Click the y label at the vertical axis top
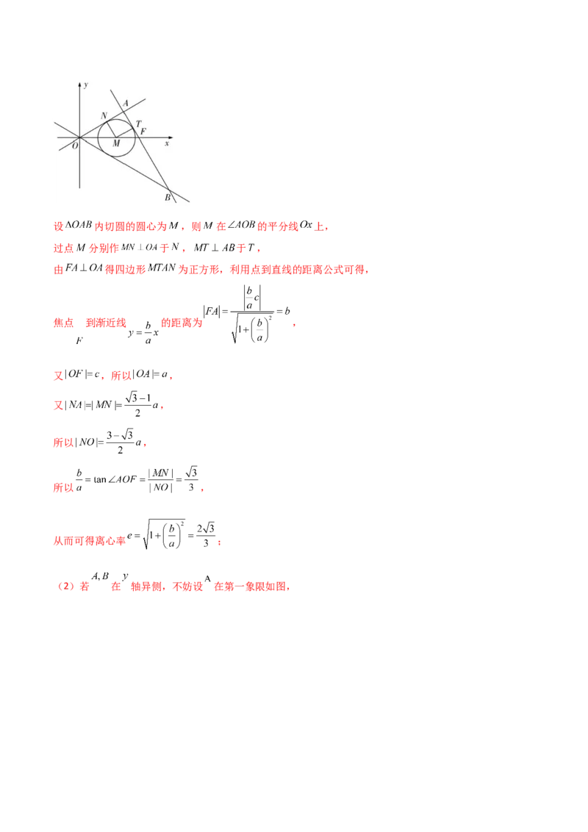tap(87, 85)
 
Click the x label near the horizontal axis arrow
tap(167, 144)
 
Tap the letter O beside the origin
tap(74, 146)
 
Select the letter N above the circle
tap(104, 115)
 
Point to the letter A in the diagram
tap(126, 103)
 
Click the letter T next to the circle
tap(138, 123)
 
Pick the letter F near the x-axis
tap(143, 132)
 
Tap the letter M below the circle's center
tap(115, 145)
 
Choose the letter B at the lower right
tap(168, 197)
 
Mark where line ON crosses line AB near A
tap(123, 110)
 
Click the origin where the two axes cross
tap(80, 137)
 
